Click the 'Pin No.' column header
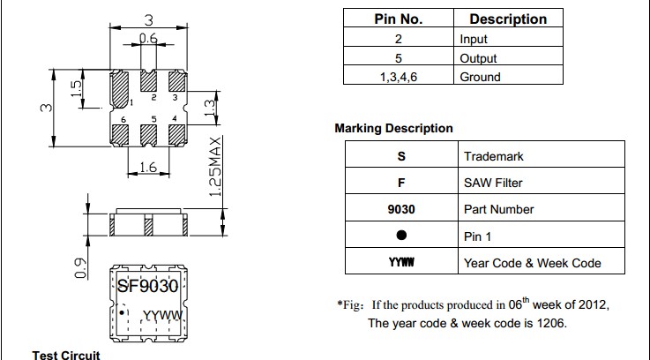pyautogui.click(x=399, y=19)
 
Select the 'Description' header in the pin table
pyautogui.click(x=508, y=19)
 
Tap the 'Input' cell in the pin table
pyautogui.click(x=474, y=39)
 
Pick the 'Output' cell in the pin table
pyautogui.click(x=478, y=58)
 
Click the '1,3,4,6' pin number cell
pyautogui.click(x=399, y=77)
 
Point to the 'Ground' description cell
pyautogui.click(x=480, y=77)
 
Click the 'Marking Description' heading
pyautogui.click(x=393, y=128)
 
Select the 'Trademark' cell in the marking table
pyautogui.click(x=493, y=156)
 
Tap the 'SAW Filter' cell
pyautogui.click(x=493, y=183)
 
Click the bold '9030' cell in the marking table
pyautogui.click(x=401, y=209)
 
